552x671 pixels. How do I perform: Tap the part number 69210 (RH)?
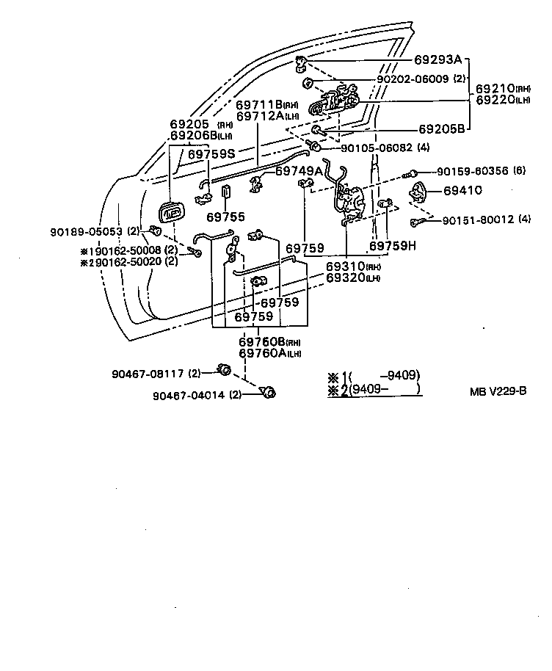pyautogui.click(x=504, y=87)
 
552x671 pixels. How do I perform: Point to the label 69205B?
pyautogui.click(x=441, y=128)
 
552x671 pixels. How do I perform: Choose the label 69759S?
pyautogui.click(x=211, y=154)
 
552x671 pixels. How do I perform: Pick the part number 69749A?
pyautogui.click(x=299, y=170)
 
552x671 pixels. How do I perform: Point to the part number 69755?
pyautogui.click(x=225, y=217)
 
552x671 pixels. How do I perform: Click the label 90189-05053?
pyautogui.click(x=84, y=231)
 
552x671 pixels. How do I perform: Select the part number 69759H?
pyautogui.click(x=392, y=247)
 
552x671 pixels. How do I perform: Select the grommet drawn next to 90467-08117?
pyautogui.click(x=226, y=369)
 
